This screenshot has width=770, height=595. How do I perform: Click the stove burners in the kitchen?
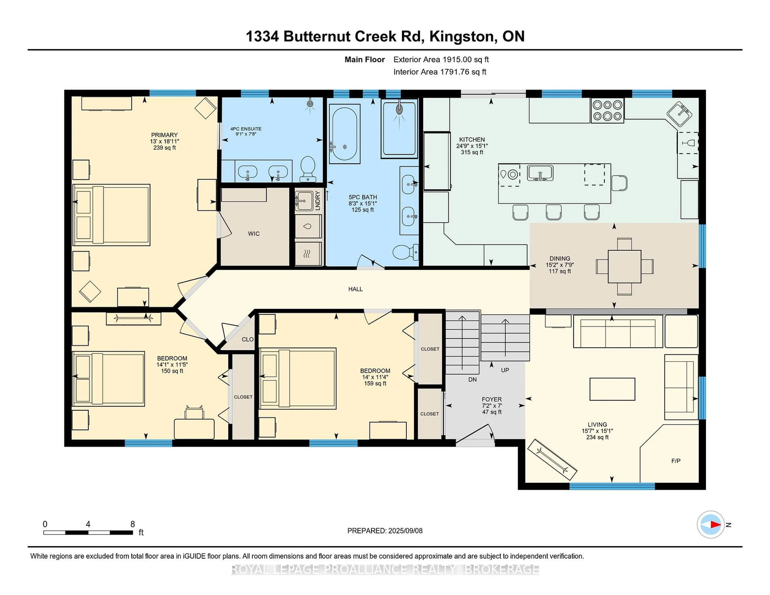[x=607, y=110]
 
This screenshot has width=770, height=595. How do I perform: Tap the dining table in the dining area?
[x=624, y=266]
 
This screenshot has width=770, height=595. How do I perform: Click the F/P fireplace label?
[x=676, y=461]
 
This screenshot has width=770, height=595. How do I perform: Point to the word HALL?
[x=355, y=289]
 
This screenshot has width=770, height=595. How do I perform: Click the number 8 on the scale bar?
[x=133, y=524]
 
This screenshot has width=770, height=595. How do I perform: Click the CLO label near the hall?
[x=247, y=339]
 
